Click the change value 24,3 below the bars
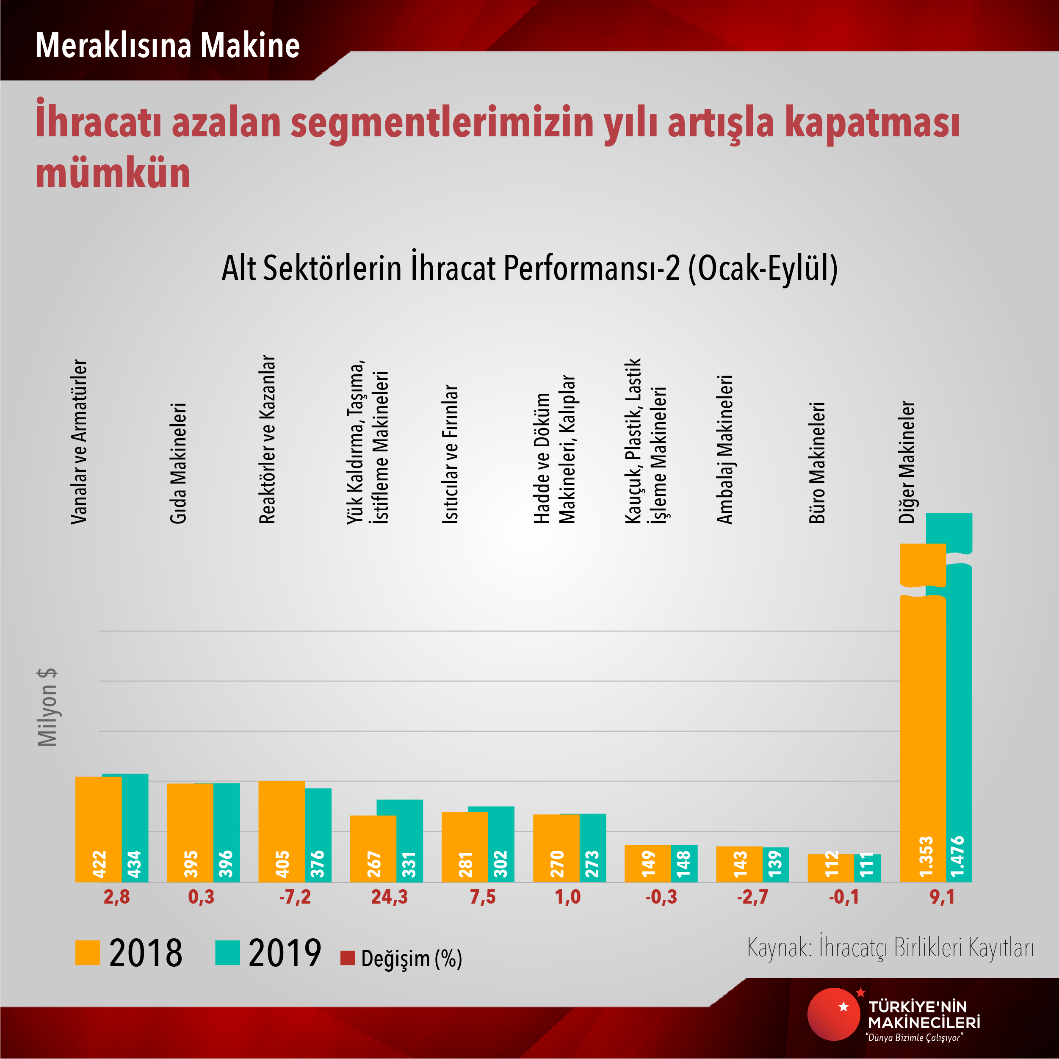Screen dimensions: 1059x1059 click(389, 897)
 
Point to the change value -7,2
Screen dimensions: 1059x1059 click(295, 897)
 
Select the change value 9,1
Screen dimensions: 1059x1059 click(942, 897)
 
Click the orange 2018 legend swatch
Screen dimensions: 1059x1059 click(88, 953)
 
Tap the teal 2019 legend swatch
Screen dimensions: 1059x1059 click(227, 953)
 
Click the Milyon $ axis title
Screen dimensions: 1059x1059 click(48, 707)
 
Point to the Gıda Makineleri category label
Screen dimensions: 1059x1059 click(178, 463)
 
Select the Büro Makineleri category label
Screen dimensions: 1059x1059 click(817, 463)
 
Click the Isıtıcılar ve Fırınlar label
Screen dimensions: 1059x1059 click(450, 454)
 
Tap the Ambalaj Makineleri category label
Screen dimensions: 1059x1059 click(724, 450)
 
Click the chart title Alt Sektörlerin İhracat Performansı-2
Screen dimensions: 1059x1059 click(529, 268)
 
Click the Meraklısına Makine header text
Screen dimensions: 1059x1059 click(167, 45)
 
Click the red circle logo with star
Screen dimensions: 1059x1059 click(834, 1014)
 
